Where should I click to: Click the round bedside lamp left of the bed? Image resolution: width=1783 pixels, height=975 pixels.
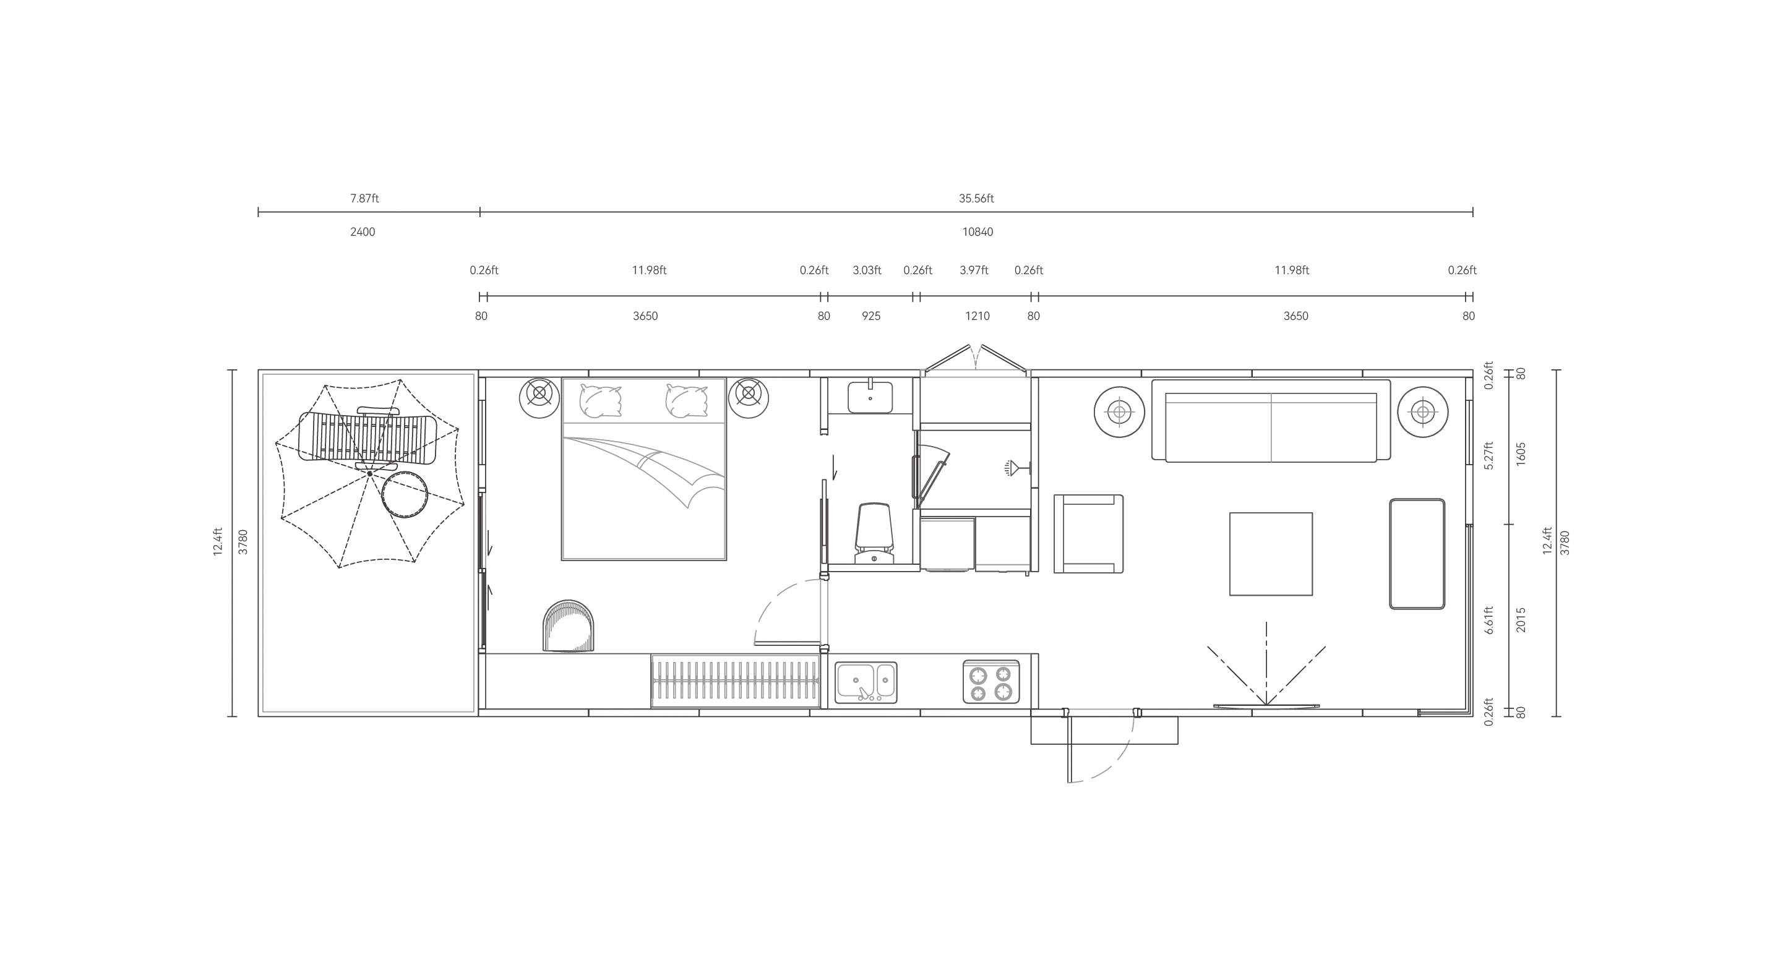[536, 398]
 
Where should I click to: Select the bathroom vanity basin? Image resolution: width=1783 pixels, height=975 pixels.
[870, 397]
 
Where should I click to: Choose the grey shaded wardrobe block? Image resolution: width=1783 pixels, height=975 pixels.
[734, 681]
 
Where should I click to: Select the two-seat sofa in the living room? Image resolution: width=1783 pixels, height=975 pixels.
[1271, 427]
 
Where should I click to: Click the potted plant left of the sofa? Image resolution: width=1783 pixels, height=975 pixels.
[1119, 413]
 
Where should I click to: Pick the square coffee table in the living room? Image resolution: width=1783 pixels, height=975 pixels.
[1271, 554]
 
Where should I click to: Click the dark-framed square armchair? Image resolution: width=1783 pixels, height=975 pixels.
[1089, 531]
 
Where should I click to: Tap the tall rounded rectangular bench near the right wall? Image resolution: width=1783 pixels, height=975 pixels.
[1417, 554]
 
